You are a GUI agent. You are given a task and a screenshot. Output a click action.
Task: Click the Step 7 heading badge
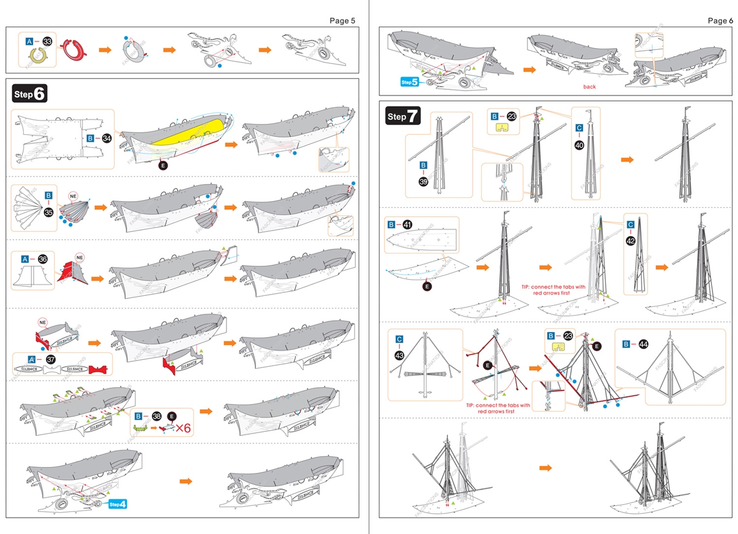403,116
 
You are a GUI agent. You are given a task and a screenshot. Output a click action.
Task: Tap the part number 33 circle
47,42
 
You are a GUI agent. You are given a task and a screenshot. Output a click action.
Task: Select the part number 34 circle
107,138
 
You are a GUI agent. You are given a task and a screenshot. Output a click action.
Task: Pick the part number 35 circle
48,212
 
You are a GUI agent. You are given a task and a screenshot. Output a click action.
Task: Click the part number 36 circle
43,260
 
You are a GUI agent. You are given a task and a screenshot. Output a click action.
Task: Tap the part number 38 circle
156,416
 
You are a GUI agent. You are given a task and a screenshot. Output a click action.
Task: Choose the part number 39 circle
423,181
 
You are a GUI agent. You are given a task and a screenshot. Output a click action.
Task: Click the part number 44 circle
644,344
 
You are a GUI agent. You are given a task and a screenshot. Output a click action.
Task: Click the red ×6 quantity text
184,428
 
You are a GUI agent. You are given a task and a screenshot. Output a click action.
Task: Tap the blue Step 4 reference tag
118,505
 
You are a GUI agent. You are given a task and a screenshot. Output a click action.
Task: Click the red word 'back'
589,87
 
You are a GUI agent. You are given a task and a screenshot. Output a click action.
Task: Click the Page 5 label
342,21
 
